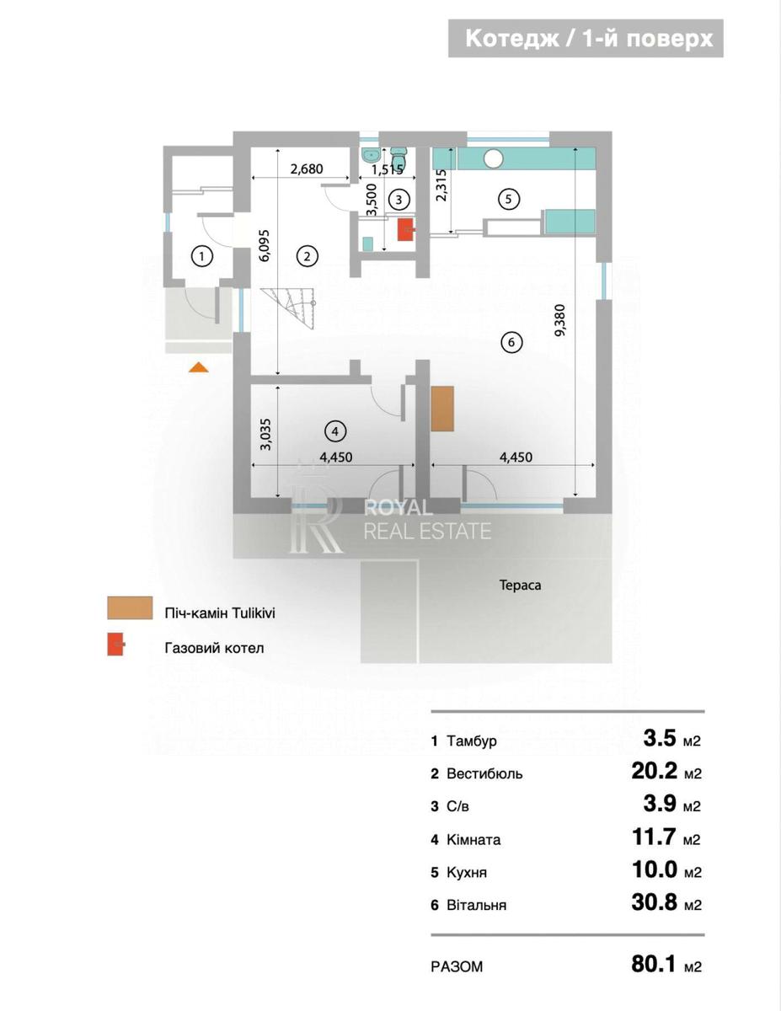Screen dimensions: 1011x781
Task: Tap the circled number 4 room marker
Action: coord(334,431)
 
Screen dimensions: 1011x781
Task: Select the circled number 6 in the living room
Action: coord(511,342)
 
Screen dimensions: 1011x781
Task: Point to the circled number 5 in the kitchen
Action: coord(508,199)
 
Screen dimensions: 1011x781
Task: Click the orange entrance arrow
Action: coord(199,366)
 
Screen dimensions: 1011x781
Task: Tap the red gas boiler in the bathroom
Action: coord(405,229)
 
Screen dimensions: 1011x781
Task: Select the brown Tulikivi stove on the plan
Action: coord(442,409)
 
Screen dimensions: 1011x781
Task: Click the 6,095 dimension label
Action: coord(265,245)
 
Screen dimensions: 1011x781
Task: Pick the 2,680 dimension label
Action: coord(306,168)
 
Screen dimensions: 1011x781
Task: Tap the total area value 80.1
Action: coord(654,964)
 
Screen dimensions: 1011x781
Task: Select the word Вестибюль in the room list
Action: coord(484,773)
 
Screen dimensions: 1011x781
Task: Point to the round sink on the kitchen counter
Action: coord(494,157)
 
